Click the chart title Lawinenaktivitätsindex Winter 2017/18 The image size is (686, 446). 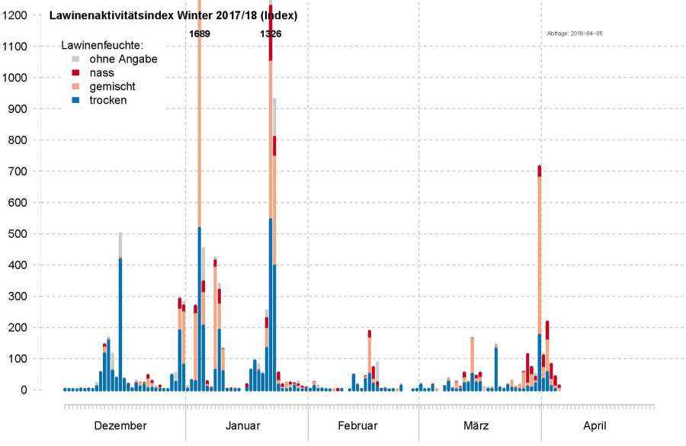173,15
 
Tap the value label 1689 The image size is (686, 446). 199,34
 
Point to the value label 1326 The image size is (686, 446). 271,34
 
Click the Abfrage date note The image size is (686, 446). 575,34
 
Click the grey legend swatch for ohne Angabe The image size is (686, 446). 75,59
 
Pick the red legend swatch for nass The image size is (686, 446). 75,72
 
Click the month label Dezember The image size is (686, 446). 120,425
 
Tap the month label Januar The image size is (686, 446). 242,425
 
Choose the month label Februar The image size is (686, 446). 357,425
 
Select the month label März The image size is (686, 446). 476,425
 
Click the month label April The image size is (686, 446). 595,425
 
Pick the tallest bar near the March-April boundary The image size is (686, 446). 540,282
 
